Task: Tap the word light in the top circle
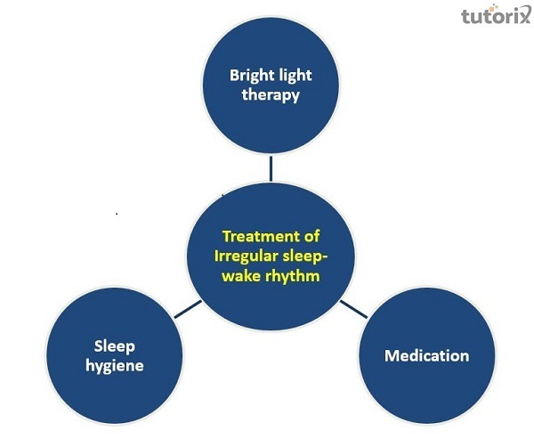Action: [295, 76]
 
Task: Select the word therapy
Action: [271, 95]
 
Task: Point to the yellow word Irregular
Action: [246, 256]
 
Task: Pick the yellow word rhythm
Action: [293, 275]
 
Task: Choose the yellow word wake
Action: [242, 276]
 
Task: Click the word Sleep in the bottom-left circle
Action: [115, 346]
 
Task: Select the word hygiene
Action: [115, 366]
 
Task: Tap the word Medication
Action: [426, 356]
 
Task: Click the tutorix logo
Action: [496, 15]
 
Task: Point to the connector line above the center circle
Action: [271, 168]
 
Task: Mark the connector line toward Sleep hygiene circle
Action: [188, 309]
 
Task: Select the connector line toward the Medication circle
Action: [354, 309]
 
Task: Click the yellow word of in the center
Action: [311, 236]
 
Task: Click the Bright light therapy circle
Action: [271, 85]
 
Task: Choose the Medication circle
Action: [426, 355]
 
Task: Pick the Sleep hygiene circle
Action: [115, 355]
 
